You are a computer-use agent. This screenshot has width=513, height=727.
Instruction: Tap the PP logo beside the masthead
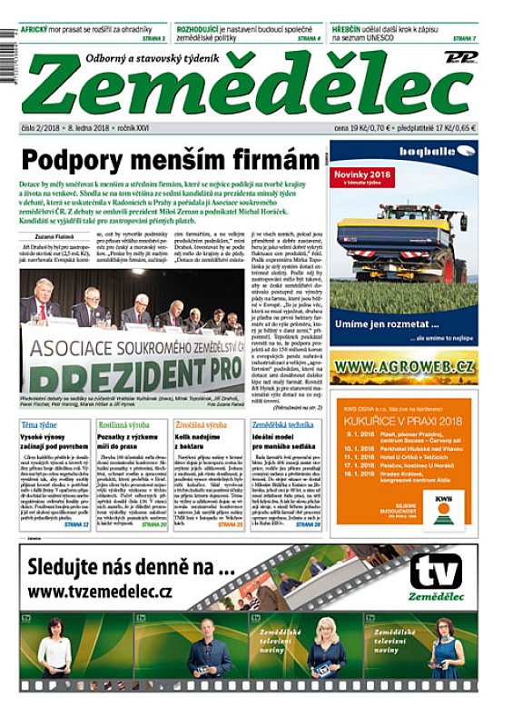pos(460,56)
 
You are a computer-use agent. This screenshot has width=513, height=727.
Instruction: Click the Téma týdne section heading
pos(40,425)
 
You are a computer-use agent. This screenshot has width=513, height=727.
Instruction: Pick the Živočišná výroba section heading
pos(201,425)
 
